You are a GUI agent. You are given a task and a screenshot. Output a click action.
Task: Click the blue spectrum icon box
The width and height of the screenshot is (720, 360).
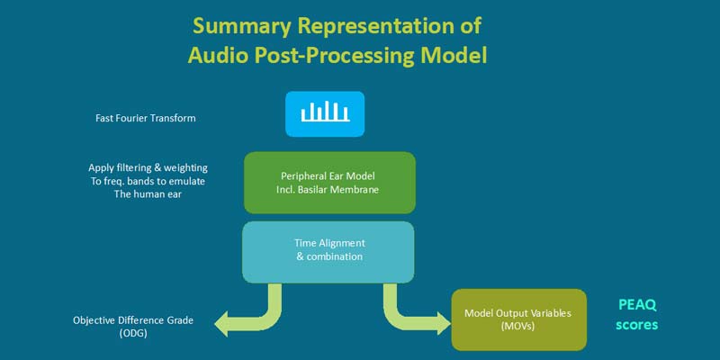[325, 113]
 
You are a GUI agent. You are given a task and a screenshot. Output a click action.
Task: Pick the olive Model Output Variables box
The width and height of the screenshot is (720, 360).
[518, 319]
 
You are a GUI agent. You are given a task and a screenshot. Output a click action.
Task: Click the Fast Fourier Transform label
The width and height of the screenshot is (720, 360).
[145, 118]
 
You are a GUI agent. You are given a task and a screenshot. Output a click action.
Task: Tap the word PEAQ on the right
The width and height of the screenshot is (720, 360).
[637, 305]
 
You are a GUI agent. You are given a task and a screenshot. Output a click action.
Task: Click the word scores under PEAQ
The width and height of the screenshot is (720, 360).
[637, 324]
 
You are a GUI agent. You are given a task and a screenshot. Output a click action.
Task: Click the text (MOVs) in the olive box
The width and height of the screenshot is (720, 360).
[518, 327]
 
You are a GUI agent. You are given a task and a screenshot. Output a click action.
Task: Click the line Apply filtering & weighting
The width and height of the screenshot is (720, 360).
[148, 167]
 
